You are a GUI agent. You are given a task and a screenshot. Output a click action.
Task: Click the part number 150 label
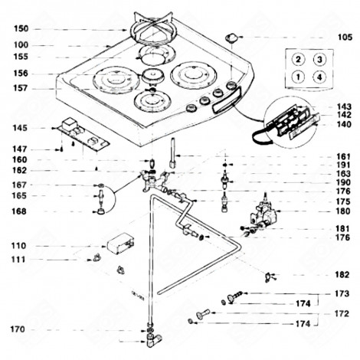click(x=21, y=28)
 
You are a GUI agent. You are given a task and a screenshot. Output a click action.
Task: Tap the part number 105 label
click(x=345, y=38)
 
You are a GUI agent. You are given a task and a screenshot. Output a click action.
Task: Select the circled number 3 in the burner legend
click(x=319, y=60)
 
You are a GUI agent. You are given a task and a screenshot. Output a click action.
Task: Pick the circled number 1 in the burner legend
click(x=298, y=77)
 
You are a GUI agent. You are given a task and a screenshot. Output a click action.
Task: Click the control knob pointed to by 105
click(x=231, y=38)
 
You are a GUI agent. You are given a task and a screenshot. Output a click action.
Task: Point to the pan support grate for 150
click(x=153, y=28)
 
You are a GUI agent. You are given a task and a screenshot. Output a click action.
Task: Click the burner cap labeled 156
click(x=152, y=76)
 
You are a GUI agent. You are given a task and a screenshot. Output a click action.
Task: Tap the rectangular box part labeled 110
click(x=120, y=244)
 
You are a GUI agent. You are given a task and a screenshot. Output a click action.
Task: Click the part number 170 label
click(x=18, y=329)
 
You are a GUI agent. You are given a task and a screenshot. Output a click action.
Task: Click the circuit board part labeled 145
click(x=82, y=135)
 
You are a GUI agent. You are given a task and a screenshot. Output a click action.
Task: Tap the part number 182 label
click(x=342, y=275)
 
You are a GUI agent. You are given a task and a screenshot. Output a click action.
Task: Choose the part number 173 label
click(x=342, y=293)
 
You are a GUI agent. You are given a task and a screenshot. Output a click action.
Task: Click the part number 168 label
click(x=19, y=211)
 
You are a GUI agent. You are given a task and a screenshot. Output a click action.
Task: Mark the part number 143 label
click(x=344, y=106)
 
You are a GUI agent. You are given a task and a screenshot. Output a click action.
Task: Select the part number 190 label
click(x=343, y=182)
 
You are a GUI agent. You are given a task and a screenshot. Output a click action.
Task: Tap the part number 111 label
click(x=18, y=260)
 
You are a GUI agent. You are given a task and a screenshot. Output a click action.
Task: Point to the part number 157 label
click(x=20, y=88)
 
